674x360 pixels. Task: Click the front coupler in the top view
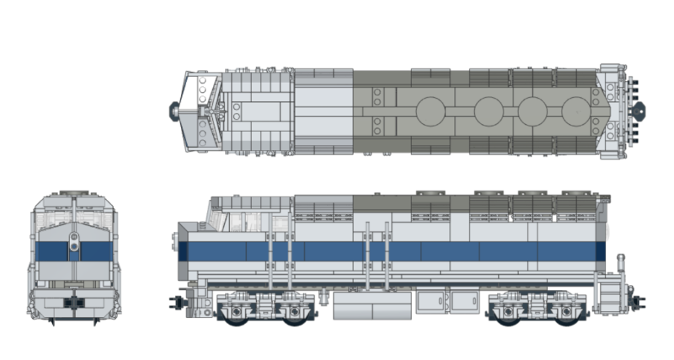click(x=174, y=108)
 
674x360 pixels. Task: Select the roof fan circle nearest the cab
click(x=431, y=110)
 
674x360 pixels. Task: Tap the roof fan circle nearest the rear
click(x=578, y=110)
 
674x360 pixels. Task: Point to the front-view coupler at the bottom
click(x=74, y=300)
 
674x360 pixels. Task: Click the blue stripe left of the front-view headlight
click(x=52, y=250)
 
